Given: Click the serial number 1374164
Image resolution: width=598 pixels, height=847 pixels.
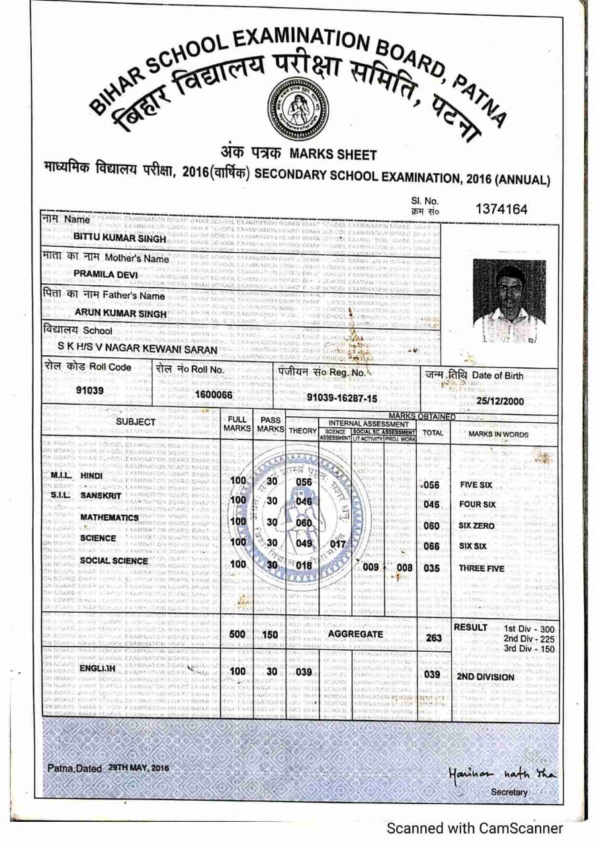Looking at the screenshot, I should pyautogui.click(x=501, y=210).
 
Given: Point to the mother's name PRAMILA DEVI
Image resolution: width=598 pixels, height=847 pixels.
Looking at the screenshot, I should pyautogui.click(x=105, y=273).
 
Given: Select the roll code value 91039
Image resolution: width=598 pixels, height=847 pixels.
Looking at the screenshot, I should pyautogui.click(x=90, y=390).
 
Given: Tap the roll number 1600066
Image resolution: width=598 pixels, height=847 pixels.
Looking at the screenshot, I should pyautogui.click(x=214, y=394).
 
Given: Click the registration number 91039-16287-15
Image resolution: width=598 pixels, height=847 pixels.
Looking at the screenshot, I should pyautogui.click(x=342, y=397).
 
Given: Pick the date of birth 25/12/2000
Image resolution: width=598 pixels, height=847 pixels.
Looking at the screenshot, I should pyautogui.click(x=500, y=401).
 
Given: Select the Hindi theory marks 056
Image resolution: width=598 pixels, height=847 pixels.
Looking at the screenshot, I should pyautogui.click(x=304, y=482).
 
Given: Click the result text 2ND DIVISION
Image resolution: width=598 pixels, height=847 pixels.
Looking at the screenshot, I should pyautogui.click(x=486, y=678).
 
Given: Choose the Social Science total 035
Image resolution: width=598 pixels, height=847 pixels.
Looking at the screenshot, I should pyautogui.click(x=432, y=568).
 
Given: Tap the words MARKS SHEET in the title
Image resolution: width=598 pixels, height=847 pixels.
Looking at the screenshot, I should pyautogui.click(x=333, y=155).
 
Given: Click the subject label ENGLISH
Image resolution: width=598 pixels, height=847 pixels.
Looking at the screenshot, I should pyautogui.click(x=97, y=669).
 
